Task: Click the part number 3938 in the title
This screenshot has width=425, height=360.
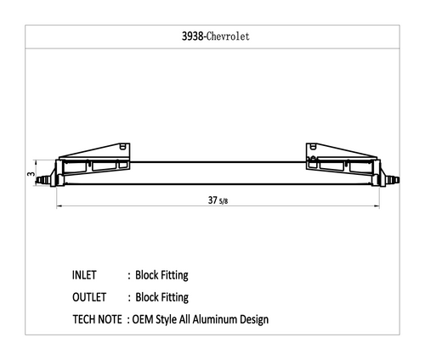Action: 193,37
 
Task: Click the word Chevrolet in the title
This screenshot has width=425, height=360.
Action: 228,37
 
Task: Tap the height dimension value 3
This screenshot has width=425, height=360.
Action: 31,173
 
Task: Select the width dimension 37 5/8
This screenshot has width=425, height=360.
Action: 218,200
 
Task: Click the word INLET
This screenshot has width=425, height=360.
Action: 84,275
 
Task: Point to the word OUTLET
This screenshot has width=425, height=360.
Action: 89,297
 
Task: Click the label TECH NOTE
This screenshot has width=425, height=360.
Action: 97,319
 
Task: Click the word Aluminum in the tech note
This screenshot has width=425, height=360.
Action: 215,319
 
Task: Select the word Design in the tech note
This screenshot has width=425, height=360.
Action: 254,320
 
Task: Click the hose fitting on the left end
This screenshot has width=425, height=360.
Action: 43,180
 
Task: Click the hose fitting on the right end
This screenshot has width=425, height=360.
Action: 393,179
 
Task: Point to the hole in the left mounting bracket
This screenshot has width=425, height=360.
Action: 122,146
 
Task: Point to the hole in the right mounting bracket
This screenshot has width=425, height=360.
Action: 313,146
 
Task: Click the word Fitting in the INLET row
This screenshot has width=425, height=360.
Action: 174,275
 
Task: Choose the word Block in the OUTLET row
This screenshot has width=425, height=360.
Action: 147,297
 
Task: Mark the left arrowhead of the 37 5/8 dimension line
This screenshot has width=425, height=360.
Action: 59,206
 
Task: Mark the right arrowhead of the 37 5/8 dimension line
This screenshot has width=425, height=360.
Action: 377,206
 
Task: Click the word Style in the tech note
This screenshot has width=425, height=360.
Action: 166,320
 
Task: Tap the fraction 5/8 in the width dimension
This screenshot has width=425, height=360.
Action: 224,201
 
